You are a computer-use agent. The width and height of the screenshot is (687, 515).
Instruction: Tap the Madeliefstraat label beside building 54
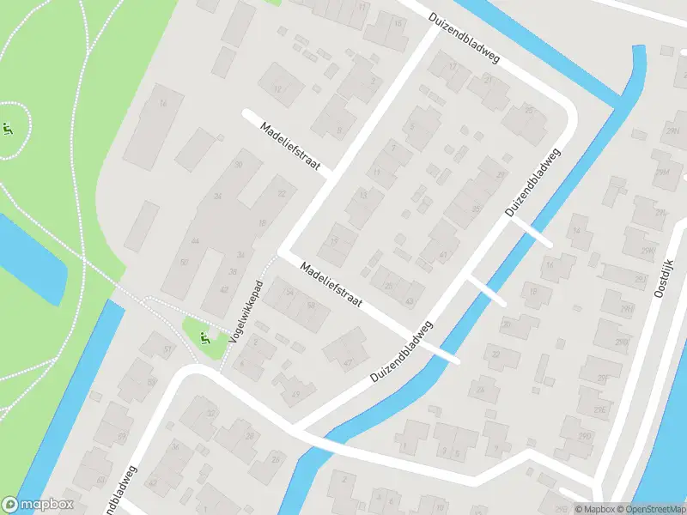pos(331,287)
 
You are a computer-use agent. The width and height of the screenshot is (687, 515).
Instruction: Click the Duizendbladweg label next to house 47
pos(403,353)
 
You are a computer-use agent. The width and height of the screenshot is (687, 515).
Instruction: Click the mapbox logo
pos(38,505)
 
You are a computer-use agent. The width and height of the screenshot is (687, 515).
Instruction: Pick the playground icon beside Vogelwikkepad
pos(204,338)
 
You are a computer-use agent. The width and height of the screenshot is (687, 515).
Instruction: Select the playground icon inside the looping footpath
pos(8,130)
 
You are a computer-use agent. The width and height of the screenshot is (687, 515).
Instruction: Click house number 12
pos(277,88)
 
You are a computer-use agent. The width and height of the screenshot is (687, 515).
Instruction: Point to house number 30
pos(238,164)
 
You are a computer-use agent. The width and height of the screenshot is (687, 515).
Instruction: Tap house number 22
pos(281,194)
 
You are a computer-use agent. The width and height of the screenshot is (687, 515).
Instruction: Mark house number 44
pos(195,242)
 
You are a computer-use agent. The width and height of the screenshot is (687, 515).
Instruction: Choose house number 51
pos(168,350)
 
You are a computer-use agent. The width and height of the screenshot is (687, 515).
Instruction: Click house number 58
pos(311,306)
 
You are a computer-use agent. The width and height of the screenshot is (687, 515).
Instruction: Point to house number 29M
pos(662,173)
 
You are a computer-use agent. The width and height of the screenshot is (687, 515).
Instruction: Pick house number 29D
pos(585,437)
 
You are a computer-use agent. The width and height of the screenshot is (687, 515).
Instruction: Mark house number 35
pos(476,208)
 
